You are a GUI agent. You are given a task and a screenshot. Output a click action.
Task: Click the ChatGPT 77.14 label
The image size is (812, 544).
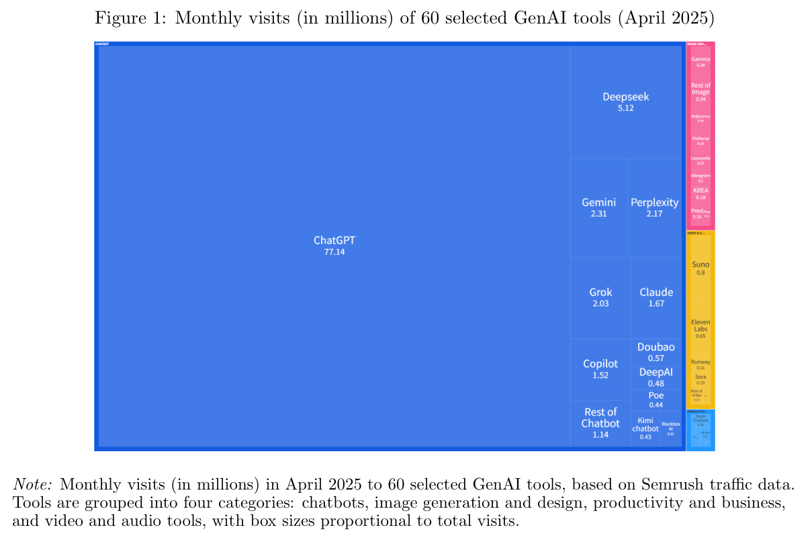coord(333,245)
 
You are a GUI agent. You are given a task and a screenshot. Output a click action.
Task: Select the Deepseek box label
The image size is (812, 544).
coord(625,101)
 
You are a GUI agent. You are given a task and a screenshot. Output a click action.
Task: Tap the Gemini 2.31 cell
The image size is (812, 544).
coord(598,207)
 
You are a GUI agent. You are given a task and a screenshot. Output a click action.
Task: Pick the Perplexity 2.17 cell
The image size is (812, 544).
coord(654,207)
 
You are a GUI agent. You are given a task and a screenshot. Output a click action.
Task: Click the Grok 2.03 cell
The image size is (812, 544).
coord(600,297)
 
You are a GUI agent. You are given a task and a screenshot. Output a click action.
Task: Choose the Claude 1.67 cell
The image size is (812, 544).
coord(656,297)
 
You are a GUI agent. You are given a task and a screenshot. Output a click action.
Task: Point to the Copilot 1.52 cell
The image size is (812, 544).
coord(600,369)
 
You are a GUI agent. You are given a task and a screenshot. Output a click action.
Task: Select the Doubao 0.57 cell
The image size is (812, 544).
coord(656,352)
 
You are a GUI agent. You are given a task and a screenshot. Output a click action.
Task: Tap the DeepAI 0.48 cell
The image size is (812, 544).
coord(656,377)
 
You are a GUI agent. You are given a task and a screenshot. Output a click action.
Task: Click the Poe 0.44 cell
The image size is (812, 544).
coord(656,399)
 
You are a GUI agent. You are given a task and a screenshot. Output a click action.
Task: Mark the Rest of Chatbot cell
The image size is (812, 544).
coord(600,422)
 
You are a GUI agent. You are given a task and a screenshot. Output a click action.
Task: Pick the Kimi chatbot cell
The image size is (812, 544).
coord(645,428)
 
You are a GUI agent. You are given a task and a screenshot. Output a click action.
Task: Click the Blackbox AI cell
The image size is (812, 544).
coord(670,428)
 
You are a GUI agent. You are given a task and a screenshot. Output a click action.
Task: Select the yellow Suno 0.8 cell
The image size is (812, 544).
coord(701,268)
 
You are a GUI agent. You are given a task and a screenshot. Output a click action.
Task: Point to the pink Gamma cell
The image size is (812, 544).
coord(701,62)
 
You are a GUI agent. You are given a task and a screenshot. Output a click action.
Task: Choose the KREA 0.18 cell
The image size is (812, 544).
coord(701,193)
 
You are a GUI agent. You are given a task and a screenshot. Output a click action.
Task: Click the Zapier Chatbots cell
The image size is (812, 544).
coord(701,420)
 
